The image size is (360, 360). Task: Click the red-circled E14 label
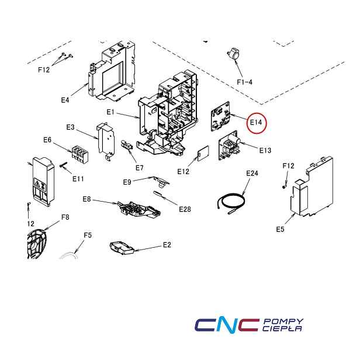click(256, 122)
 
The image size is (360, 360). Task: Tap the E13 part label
click(265, 150)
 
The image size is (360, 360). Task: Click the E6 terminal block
click(80, 154)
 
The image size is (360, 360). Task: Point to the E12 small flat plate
click(203, 154)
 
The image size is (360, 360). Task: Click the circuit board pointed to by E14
click(220, 116)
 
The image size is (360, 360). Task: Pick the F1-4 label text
click(244, 82)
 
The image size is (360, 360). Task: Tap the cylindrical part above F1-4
click(233, 54)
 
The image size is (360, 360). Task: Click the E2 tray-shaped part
click(122, 248)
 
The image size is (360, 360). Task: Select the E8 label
click(86, 199)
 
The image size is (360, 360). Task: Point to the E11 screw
click(63, 164)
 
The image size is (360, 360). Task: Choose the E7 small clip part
click(127, 145)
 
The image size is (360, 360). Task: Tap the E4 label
click(65, 100)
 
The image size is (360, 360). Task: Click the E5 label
click(280, 229)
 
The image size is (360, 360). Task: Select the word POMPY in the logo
click(284, 321)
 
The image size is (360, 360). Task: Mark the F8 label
click(65, 217)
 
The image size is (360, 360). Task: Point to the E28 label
click(185, 209)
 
